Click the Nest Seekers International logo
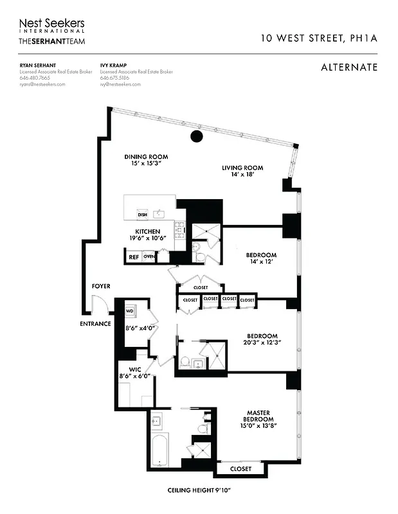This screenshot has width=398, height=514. coord(51,25)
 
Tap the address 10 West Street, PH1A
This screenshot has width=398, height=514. coord(318,39)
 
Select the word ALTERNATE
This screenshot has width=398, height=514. coord(348,67)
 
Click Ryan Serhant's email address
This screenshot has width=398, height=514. coord(42,84)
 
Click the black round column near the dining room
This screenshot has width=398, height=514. coord(197,136)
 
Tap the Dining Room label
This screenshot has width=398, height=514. coord(146,157)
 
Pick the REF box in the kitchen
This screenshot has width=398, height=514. coord(134,257)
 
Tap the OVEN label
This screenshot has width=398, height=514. coord(149,257)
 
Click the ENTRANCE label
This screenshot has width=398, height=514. coord(95,324)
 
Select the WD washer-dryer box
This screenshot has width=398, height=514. coord(129,312)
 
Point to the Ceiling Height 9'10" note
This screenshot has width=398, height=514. coord(199,490)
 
